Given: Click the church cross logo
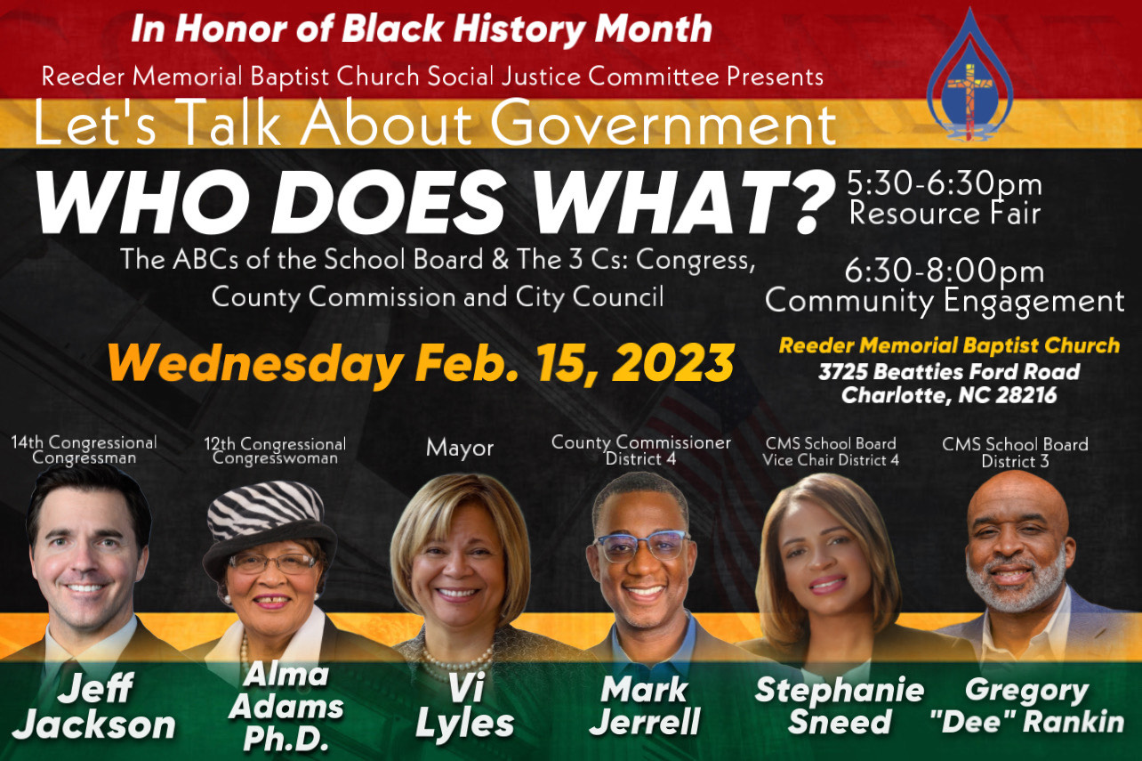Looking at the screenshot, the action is coord(969,76).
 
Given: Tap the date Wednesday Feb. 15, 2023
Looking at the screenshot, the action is coord(421,363).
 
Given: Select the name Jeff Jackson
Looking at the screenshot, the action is coord(95,706).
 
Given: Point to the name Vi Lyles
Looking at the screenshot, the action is coord(465,706).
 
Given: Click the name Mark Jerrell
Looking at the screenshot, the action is coord(645,706).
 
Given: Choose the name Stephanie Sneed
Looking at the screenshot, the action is coord(840,706).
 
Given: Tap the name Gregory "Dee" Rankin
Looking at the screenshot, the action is coord(1026,706).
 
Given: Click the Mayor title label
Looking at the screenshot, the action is coord(460,449).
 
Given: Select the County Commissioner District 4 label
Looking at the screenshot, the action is coord(641,449).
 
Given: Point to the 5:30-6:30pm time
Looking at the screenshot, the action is coord(945,183).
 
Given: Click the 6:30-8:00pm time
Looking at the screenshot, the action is coord(945,271).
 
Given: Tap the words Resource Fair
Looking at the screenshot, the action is coord(945,213).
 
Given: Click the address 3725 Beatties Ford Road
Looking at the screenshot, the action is coord(949,371).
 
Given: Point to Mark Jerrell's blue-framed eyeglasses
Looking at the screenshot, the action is coord(641,546).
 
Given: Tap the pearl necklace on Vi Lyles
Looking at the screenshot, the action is coord(455,662).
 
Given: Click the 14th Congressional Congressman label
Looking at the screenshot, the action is coord(84,449).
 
